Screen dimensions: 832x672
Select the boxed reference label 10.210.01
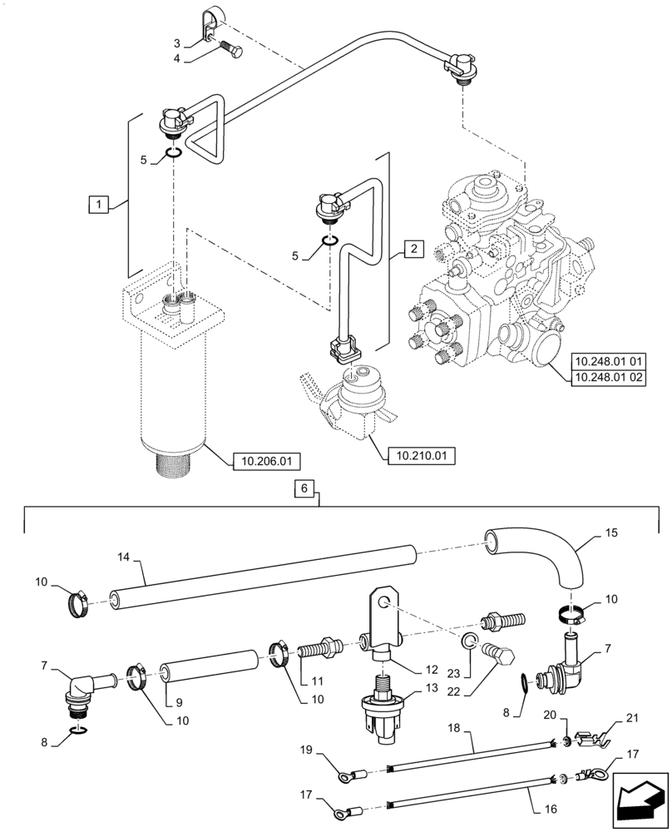[421, 455]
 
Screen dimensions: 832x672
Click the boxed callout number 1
[98, 203]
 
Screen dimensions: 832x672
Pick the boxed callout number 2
[414, 248]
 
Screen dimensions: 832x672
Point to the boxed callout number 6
[305, 490]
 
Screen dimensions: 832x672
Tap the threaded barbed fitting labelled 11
[320, 647]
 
